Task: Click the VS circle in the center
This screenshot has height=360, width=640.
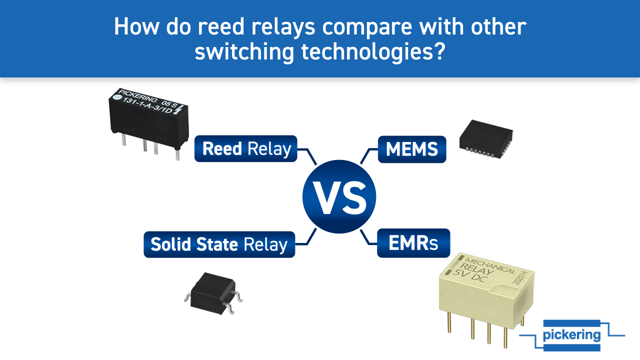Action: tap(339, 197)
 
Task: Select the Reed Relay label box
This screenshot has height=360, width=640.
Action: tap(246, 148)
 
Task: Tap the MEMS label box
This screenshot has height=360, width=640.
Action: tap(411, 148)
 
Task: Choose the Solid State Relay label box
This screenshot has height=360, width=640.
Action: tap(219, 244)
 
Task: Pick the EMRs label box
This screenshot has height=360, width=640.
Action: tap(413, 243)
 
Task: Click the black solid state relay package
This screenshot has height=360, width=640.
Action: tap(212, 289)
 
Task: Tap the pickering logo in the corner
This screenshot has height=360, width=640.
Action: tap(571, 334)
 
